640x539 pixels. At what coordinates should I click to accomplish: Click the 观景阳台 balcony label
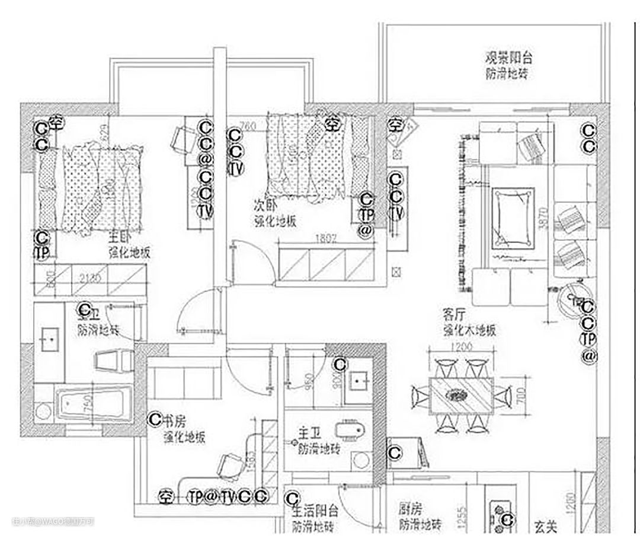508,58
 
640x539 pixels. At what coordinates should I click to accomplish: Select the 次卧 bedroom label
265,206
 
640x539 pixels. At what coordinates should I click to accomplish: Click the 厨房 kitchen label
411,509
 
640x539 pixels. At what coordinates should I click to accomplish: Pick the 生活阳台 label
315,511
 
